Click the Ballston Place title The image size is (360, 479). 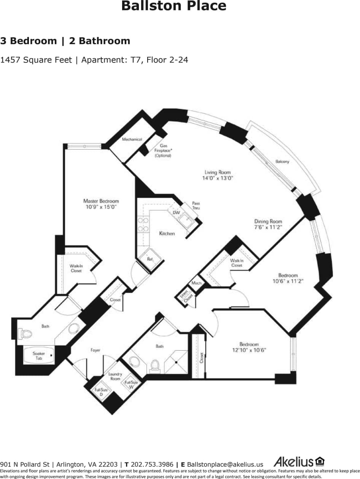(174, 6)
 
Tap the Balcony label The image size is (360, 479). (282, 162)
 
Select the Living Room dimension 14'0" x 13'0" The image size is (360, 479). (217, 178)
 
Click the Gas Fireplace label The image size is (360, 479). (163, 150)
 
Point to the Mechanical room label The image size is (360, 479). (132, 139)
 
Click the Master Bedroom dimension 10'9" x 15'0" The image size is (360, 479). (101, 207)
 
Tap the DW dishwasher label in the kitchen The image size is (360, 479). (176, 212)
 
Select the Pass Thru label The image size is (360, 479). (196, 206)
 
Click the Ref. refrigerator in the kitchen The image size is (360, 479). (150, 259)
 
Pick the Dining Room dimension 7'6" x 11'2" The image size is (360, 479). (268, 227)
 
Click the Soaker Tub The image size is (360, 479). (39, 356)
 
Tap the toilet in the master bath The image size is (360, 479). (26, 334)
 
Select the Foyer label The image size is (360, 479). (95, 350)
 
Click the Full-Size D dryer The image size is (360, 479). (101, 392)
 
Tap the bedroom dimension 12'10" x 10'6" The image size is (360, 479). (249, 350)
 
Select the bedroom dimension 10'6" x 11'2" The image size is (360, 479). (288, 281)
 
